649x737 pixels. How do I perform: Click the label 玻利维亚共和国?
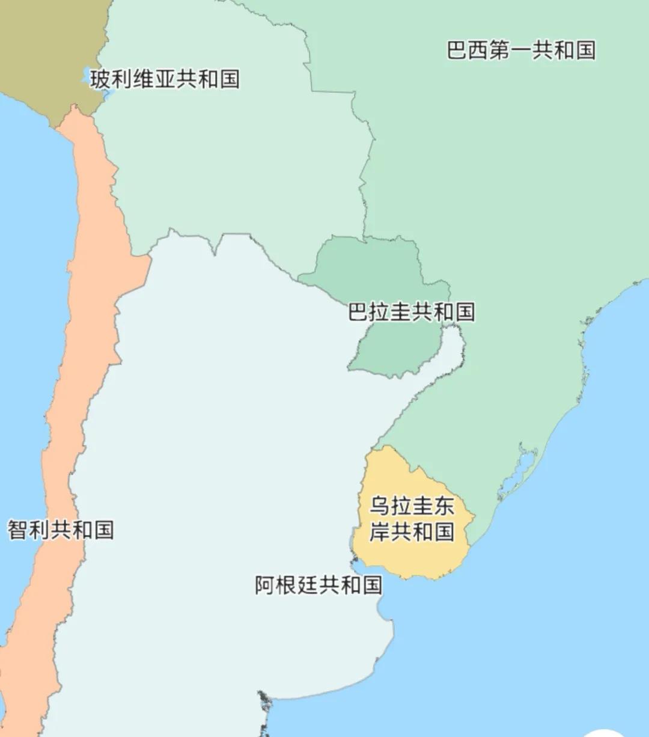point(165,79)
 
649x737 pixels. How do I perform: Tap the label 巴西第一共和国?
point(521,50)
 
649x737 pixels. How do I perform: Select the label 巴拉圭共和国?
point(412,312)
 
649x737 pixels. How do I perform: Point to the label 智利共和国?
point(61,530)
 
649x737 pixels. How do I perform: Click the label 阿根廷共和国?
point(318,585)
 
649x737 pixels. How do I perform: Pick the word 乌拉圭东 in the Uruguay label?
point(412,506)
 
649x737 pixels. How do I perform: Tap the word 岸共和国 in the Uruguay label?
point(412,532)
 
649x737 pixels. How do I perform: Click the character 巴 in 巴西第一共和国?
point(457,50)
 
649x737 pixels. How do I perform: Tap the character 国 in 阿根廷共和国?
point(371,585)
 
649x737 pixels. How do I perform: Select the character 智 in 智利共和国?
point(18,530)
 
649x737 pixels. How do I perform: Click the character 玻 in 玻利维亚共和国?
point(101,79)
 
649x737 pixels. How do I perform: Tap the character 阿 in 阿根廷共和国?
point(266,585)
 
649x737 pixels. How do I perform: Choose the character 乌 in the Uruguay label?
point(379,506)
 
